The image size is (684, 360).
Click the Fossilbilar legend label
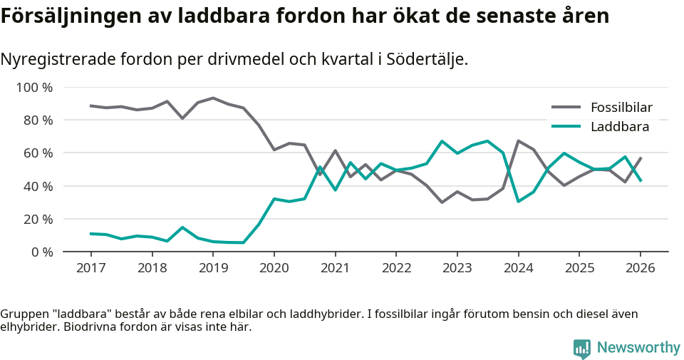[x=621, y=108]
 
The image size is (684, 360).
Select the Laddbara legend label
[x=619, y=127]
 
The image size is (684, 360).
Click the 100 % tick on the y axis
[x=34, y=88]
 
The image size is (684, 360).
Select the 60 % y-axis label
[x=38, y=153]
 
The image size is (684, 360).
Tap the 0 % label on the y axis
[x=41, y=252]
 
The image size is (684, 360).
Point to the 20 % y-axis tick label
[x=38, y=219]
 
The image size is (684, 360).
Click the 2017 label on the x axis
[x=91, y=268]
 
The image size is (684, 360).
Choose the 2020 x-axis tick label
[x=274, y=268]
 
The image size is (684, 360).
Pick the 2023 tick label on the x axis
[x=457, y=268]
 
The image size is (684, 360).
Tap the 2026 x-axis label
[x=640, y=268]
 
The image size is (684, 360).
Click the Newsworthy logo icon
[x=582, y=348]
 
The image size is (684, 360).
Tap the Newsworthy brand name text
[x=638, y=348]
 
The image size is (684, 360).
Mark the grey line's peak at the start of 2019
[x=213, y=98]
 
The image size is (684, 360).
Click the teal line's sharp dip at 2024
[x=518, y=201]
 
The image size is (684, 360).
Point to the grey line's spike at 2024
[x=518, y=141]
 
